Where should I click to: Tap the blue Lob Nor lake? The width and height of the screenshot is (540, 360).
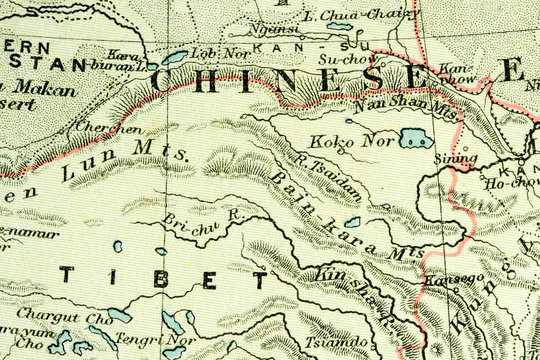176,58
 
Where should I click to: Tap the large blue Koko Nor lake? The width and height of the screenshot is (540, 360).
413,138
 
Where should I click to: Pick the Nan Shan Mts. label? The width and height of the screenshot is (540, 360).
405,106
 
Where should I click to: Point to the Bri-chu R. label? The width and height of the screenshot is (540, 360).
191,219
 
